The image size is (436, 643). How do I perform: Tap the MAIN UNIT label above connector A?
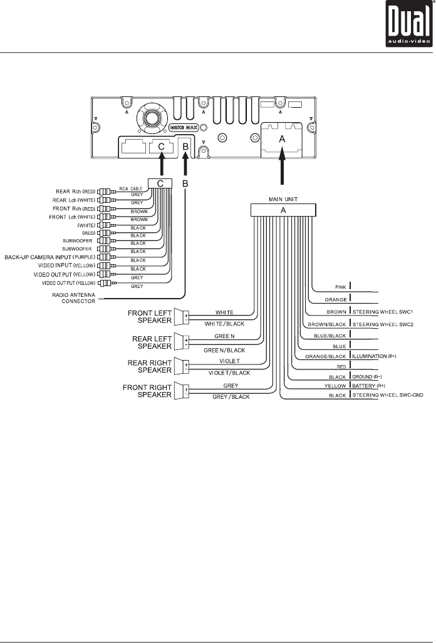tap(282, 200)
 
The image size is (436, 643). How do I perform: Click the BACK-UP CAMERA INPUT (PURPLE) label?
tap(49, 257)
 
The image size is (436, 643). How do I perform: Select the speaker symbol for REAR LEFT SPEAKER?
tap(181, 341)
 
